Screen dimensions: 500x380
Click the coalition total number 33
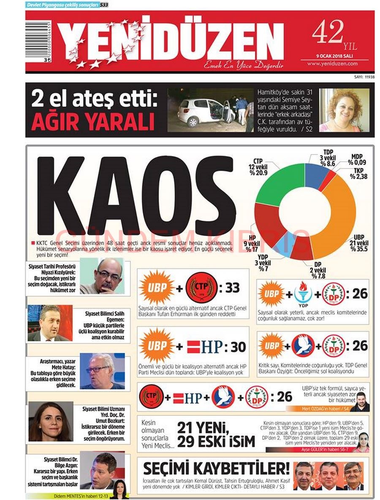click(232, 288)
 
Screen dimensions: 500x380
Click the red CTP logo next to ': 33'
click(201, 288)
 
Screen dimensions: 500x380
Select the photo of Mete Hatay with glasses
click(102, 371)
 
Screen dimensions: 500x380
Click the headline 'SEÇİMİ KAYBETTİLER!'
click(216, 469)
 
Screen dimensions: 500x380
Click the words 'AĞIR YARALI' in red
click(92, 122)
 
